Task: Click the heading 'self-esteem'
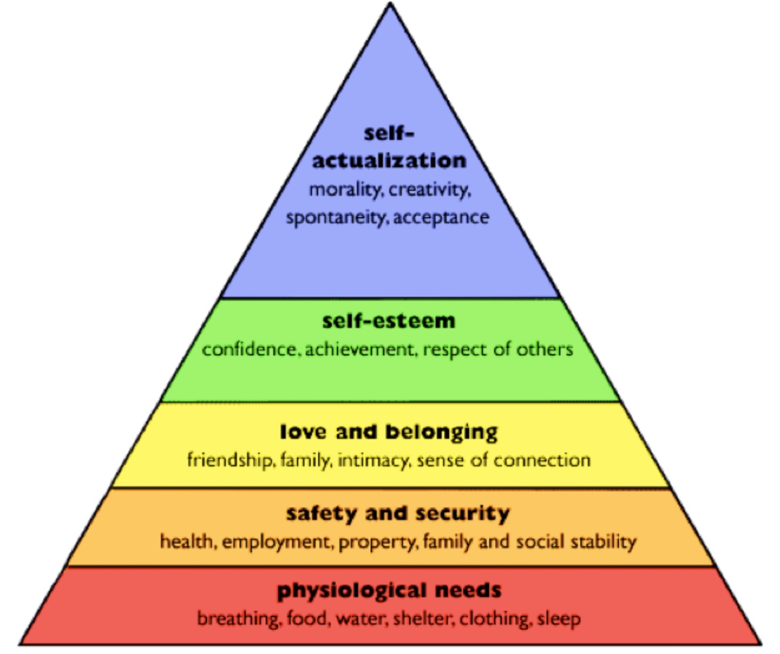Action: (388, 321)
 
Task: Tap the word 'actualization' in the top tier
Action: (389, 160)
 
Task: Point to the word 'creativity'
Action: (430, 189)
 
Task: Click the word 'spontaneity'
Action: (336, 217)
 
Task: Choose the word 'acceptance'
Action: (441, 217)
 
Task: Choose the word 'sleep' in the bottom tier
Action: (559, 618)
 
